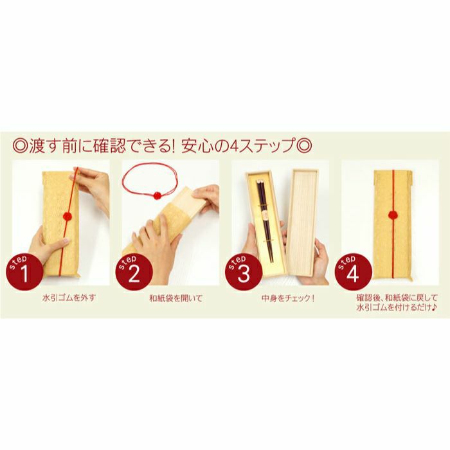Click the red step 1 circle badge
tap(24, 273)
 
